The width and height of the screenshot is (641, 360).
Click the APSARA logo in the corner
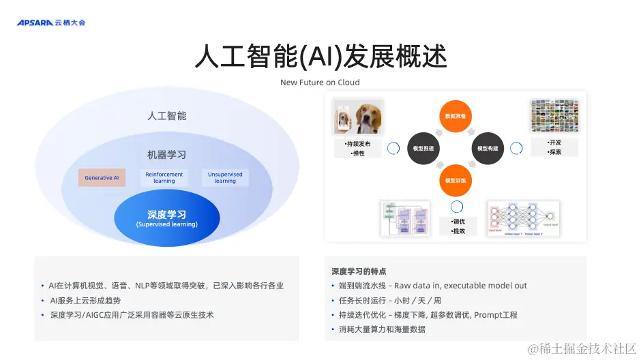pyautogui.click(x=51, y=22)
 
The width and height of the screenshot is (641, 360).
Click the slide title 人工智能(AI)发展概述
pyautogui.click(x=320, y=57)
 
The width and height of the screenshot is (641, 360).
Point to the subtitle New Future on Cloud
pyautogui.click(x=320, y=82)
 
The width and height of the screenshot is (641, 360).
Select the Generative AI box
pyautogui.click(x=102, y=178)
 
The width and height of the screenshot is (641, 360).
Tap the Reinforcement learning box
pyautogui.click(x=164, y=177)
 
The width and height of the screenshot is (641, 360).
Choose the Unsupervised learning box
pyautogui.click(x=225, y=177)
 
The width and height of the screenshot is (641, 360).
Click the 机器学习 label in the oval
pyautogui.click(x=166, y=154)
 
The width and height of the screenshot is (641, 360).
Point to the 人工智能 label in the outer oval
pyautogui.click(x=166, y=116)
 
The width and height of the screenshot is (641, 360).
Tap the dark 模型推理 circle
pyautogui.click(x=423, y=148)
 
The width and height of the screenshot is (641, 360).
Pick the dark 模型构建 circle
pyautogui.click(x=487, y=148)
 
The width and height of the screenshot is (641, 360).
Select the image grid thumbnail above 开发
pyautogui.click(x=554, y=117)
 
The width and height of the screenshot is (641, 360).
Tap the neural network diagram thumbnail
pyautogui.click(x=523, y=219)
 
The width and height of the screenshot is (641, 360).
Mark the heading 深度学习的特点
pyautogui.click(x=359, y=271)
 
